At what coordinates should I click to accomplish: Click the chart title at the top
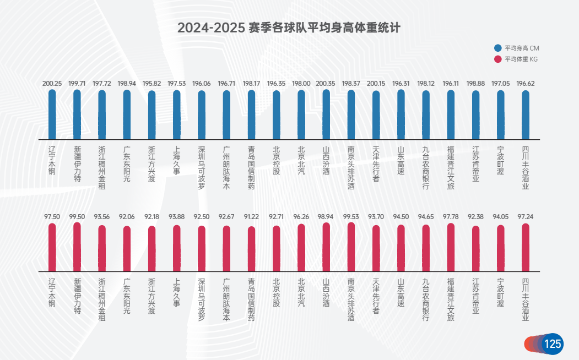pos(289,28)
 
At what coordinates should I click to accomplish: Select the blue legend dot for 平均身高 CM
pos(498,48)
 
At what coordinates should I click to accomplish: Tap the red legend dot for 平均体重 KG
pos(498,59)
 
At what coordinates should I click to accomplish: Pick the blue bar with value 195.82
pos(151,115)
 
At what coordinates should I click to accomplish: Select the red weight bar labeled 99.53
pos(351,247)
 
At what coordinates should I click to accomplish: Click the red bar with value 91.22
pos(251,249)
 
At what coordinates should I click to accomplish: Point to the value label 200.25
pos(52,84)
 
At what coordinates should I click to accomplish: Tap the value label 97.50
pos(52,217)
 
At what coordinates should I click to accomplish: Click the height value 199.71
pos(77,84)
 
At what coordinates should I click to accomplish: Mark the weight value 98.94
pos(326,217)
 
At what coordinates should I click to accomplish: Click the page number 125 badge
pos(552,344)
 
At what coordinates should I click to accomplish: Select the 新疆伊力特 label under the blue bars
pos(77,164)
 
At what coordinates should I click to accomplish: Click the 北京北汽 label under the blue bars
pos(301,160)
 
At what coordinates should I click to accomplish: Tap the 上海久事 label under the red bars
pos(177,292)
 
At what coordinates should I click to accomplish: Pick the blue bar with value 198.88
pos(475,115)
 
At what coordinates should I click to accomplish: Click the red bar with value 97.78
pos(451,247)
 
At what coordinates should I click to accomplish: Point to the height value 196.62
pos(526,84)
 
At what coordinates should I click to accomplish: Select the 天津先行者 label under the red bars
pos(376,296)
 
